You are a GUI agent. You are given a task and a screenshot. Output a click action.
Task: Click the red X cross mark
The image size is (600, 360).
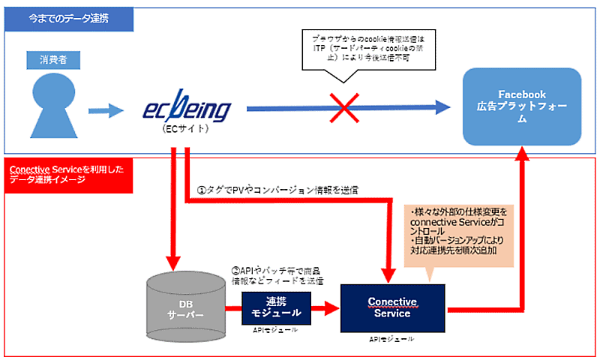344,110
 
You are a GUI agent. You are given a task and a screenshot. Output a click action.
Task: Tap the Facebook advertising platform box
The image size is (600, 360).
522,106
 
